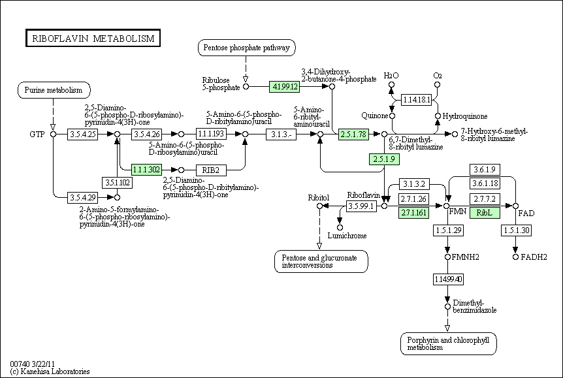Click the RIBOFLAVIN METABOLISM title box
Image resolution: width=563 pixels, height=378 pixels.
click(93, 38)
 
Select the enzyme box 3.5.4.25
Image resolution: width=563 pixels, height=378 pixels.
click(82, 134)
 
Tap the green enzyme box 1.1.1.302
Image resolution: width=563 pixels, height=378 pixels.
click(146, 170)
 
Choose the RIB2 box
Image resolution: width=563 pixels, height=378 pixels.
click(211, 170)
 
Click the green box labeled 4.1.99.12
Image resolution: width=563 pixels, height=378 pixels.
click(285, 87)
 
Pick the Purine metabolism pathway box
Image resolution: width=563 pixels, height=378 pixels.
click(54, 90)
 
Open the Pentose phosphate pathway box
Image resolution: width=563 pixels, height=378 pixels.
click(247, 48)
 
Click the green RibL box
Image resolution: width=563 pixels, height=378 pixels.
click(485, 213)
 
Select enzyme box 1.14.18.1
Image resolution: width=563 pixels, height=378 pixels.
click(417, 99)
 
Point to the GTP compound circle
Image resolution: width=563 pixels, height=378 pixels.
click(53, 134)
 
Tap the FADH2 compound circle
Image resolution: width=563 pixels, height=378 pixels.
click(515, 257)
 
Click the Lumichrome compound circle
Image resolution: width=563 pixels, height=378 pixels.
click(340, 227)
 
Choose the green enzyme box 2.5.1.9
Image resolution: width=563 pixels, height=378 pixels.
click(384, 159)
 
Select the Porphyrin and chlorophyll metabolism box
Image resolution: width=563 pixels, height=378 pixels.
click(449, 344)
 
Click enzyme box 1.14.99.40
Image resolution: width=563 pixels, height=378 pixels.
click(448, 279)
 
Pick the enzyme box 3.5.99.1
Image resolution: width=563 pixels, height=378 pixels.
click(362, 206)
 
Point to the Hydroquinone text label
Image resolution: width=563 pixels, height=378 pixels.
click(465, 116)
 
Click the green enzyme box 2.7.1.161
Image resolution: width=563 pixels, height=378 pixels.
click(413, 213)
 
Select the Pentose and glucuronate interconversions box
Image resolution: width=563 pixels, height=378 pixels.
click(321, 261)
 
